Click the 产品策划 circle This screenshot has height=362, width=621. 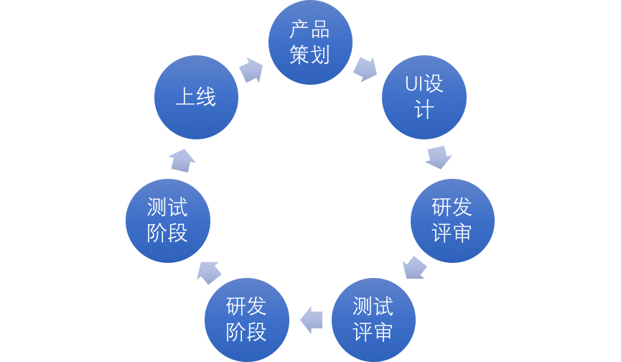310,42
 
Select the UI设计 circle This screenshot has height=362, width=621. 424,97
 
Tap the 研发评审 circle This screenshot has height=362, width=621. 452,221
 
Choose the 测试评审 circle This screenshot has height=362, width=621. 373,320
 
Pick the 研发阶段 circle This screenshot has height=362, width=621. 246,320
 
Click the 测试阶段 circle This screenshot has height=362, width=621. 167,221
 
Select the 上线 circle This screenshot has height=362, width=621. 196,97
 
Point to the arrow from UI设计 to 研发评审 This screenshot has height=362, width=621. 438,157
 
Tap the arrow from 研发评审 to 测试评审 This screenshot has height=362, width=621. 414,268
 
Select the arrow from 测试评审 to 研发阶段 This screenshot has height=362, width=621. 311,320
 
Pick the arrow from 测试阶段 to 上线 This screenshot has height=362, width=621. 182,159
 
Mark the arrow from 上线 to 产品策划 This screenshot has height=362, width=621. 251,70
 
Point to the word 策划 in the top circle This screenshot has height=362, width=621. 310,55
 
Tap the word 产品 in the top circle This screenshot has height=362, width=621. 310,30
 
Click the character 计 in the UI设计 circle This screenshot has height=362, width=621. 424,110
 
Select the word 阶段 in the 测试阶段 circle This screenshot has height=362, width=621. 167,233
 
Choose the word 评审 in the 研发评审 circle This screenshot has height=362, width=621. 452,233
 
